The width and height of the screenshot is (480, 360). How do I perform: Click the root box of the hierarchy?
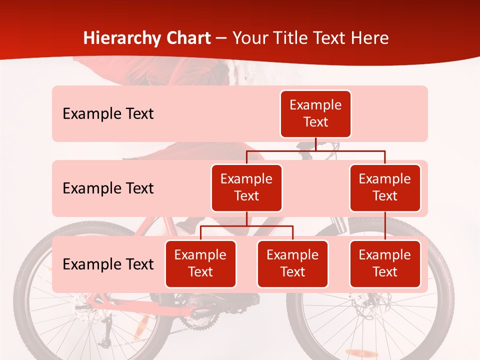click(315, 113)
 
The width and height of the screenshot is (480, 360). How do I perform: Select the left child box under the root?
click(246, 187)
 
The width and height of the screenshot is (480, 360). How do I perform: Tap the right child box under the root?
click(385, 187)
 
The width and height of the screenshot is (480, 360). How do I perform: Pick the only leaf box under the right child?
click(385, 263)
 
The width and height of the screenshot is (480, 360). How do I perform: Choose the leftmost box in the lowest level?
click(200, 263)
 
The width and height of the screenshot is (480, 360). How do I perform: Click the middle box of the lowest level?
click(292, 263)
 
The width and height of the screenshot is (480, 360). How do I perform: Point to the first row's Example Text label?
click(108, 114)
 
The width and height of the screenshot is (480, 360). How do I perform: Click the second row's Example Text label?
click(108, 188)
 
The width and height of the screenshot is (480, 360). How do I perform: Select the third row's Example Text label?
click(108, 264)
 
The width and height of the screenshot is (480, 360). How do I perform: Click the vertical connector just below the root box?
click(315, 144)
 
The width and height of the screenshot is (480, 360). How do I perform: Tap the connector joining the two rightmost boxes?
click(385, 226)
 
